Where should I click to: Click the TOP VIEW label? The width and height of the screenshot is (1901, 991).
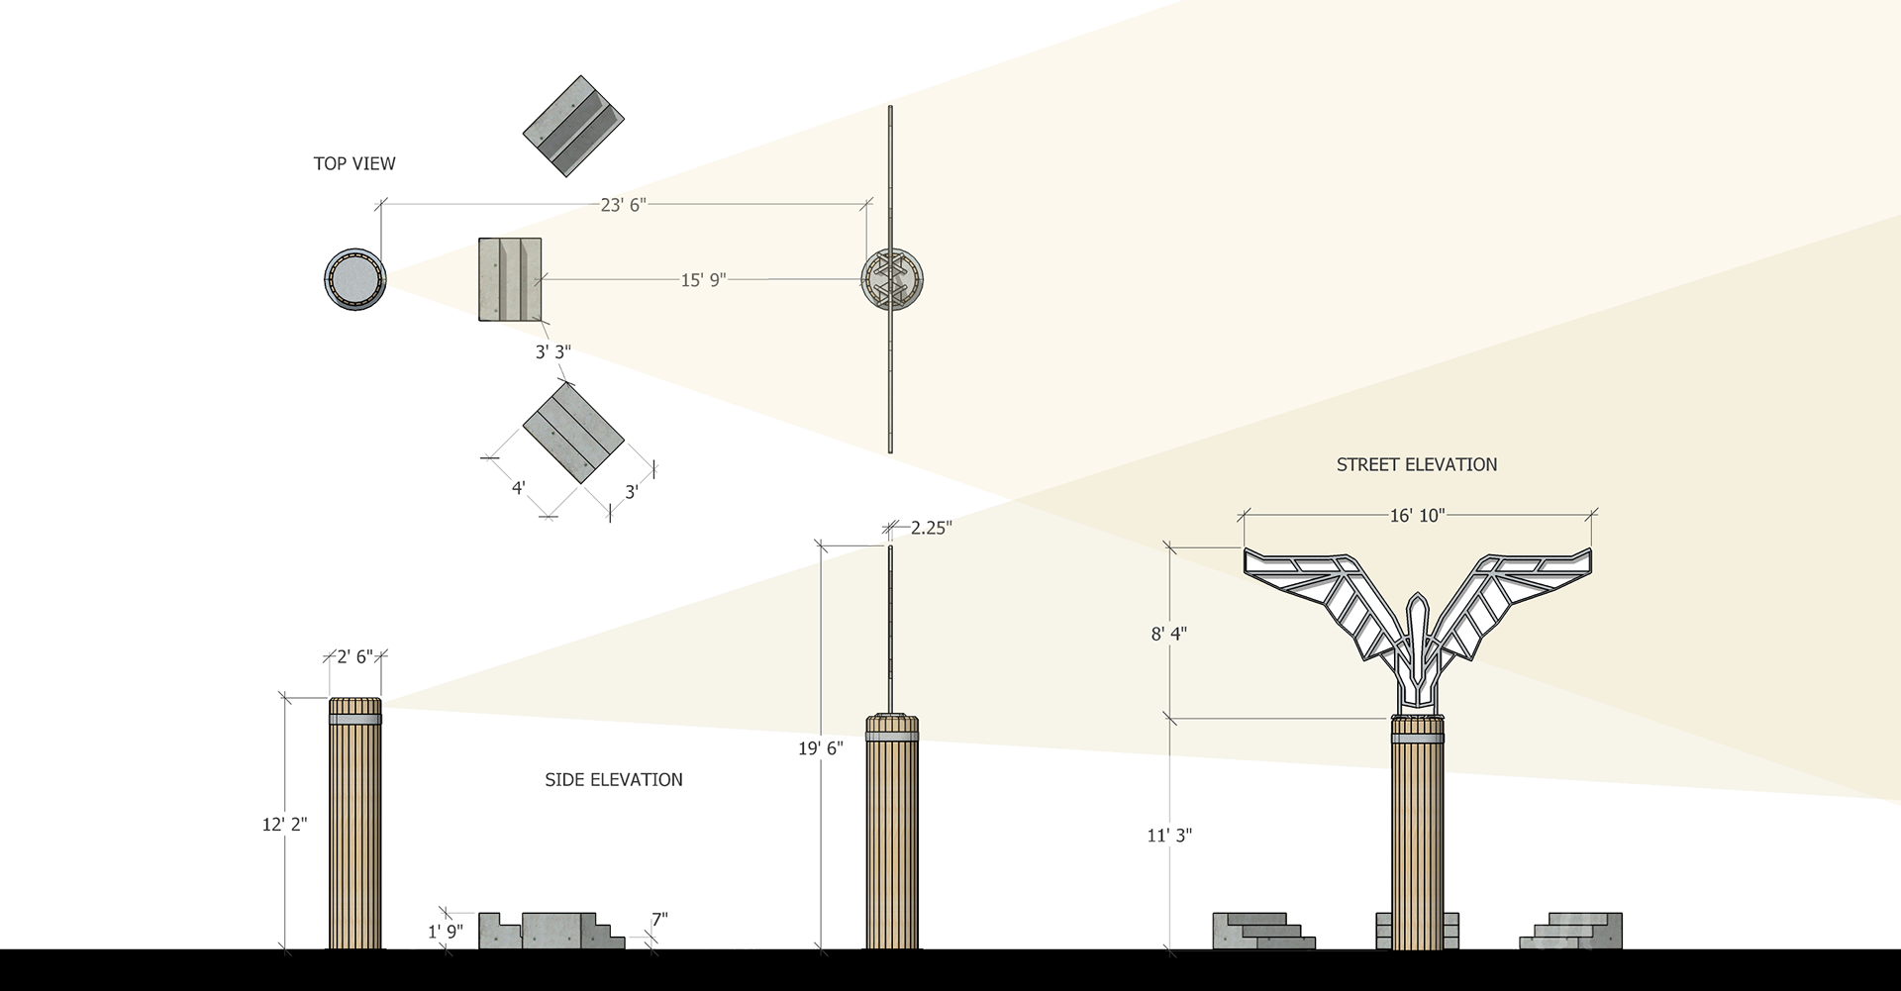click(x=354, y=164)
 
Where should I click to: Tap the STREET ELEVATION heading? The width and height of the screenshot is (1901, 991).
click(x=1416, y=464)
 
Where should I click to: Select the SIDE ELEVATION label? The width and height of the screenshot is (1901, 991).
click(x=613, y=780)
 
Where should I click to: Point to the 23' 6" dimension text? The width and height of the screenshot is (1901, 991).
click(x=623, y=205)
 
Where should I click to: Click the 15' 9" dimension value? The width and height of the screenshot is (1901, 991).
click(x=704, y=280)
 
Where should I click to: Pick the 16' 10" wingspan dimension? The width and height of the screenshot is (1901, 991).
click(x=1418, y=514)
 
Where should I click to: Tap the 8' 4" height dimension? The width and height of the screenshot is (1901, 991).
click(x=1169, y=633)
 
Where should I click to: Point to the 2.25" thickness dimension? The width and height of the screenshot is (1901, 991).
click(x=930, y=529)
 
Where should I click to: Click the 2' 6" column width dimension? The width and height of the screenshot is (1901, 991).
click(x=355, y=655)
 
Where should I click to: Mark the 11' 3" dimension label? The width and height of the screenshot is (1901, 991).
click(x=1168, y=836)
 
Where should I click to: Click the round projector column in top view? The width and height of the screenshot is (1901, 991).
click(x=353, y=279)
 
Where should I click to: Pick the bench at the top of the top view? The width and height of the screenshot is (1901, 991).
click(x=573, y=124)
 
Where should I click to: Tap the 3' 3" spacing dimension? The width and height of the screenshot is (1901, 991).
click(x=552, y=352)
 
